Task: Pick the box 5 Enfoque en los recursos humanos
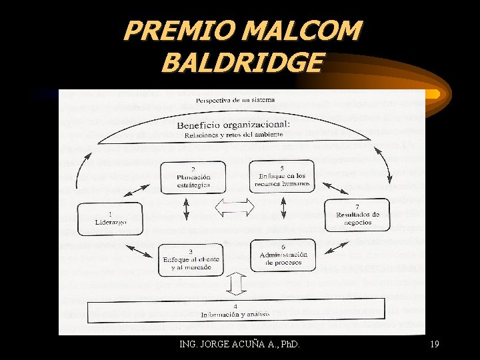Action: coord(282,176)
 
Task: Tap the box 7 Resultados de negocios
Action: coord(357,214)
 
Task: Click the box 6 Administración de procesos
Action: coord(283,255)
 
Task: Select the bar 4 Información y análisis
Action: coord(237,311)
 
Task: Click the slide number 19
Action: coord(434,344)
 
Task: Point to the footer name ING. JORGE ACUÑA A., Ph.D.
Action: coord(240,344)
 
